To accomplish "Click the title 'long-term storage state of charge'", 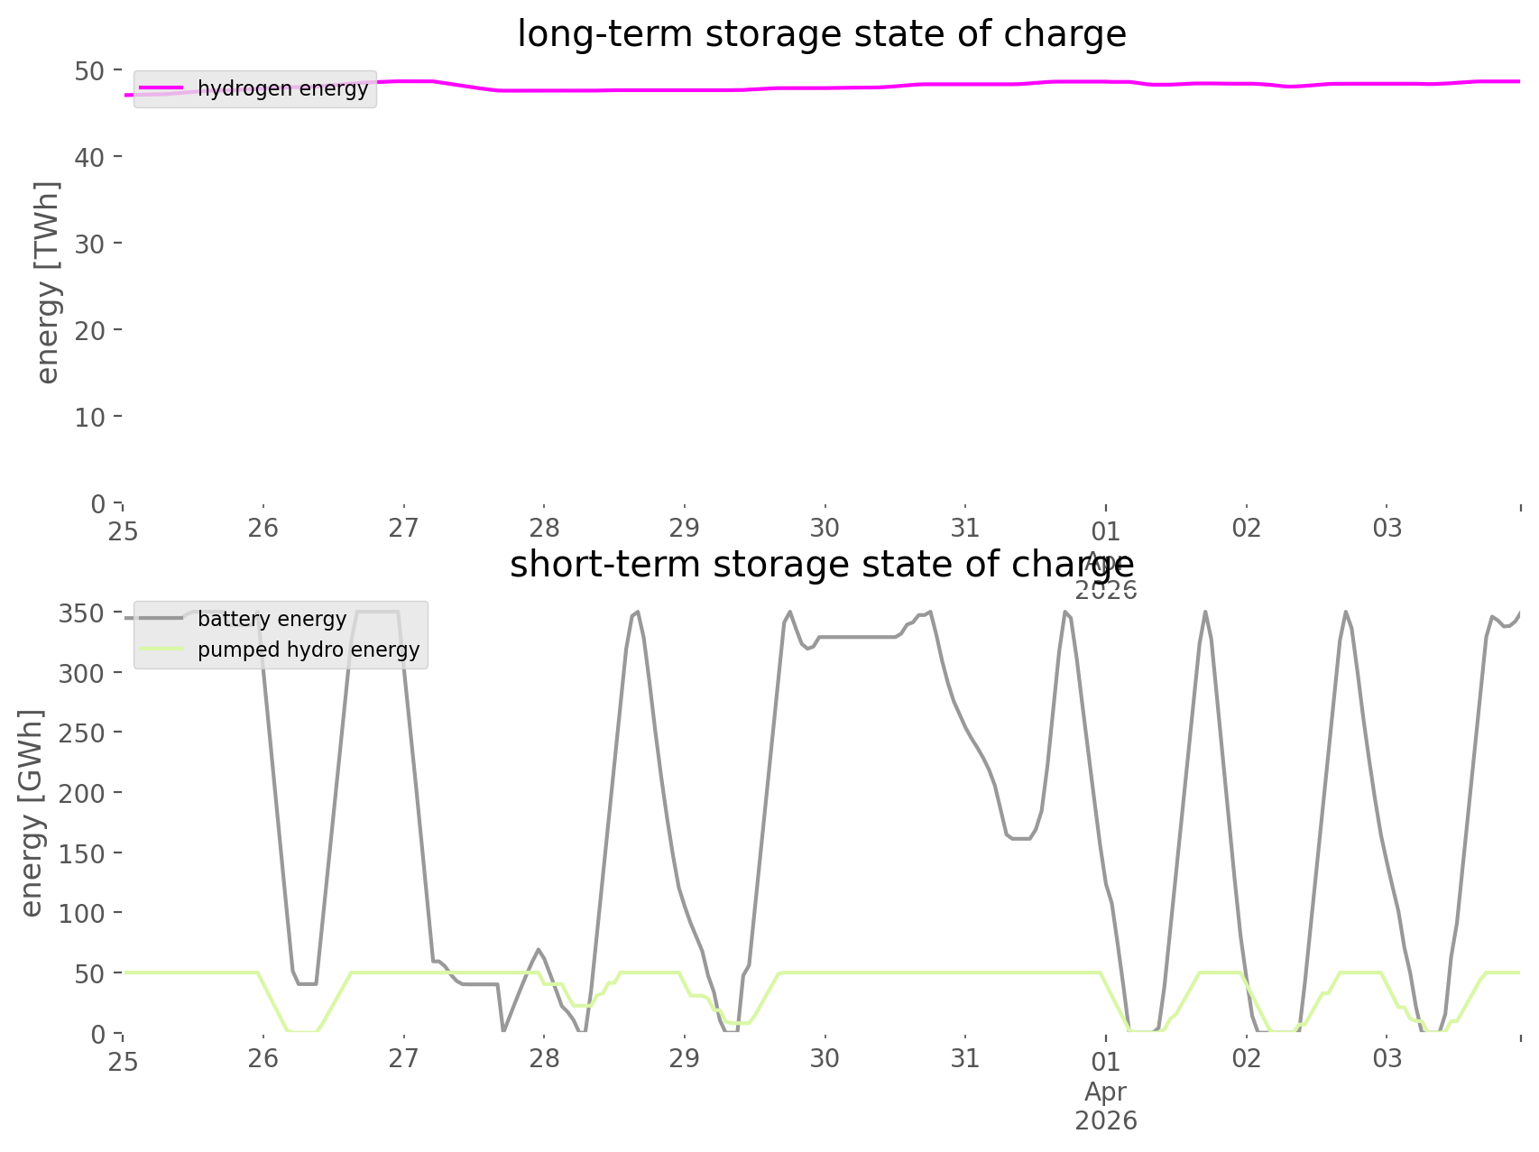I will (x=821, y=34).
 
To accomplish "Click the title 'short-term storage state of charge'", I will (x=821, y=565).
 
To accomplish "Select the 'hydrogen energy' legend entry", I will (x=282, y=88).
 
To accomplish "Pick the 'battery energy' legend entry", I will (x=272, y=619).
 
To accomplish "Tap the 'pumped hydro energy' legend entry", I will (x=309, y=650).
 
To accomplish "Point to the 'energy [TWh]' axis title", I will (x=48, y=282).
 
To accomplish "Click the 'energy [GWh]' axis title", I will (x=32, y=813).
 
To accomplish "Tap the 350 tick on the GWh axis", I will (x=83, y=613).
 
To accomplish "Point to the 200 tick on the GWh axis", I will (x=83, y=793).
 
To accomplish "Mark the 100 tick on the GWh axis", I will (x=83, y=913).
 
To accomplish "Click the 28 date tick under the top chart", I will (x=544, y=528).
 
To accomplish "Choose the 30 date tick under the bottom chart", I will (x=825, y=1058).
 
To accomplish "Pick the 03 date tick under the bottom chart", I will (x=1387, y=1058).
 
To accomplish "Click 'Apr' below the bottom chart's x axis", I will (x=1105, y=1092).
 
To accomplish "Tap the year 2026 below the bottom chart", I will (x=1105, y=1121).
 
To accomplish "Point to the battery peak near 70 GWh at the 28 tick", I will (x=539, y=949).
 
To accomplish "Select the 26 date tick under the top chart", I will (x=263, y=528).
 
